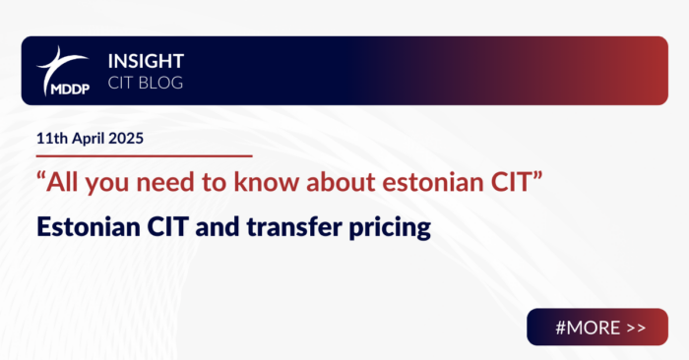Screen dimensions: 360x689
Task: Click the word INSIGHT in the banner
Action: (x=143, y=60)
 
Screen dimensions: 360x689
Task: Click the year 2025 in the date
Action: (x=126, y=138)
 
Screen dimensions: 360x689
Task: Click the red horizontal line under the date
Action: (x=144, y=156)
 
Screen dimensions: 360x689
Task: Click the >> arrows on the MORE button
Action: (x=636, y=327)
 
